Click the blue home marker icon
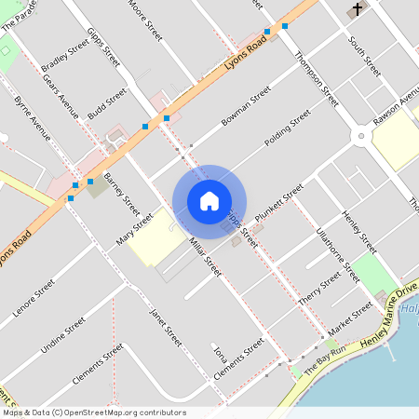(209, 201)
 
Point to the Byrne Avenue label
(33, 116)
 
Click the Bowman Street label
(246, 108)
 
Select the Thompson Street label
(316, 73)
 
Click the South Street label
(365, 57)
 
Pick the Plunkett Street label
(279, 201)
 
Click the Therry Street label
(320, 288)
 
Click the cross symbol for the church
(357, 10)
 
